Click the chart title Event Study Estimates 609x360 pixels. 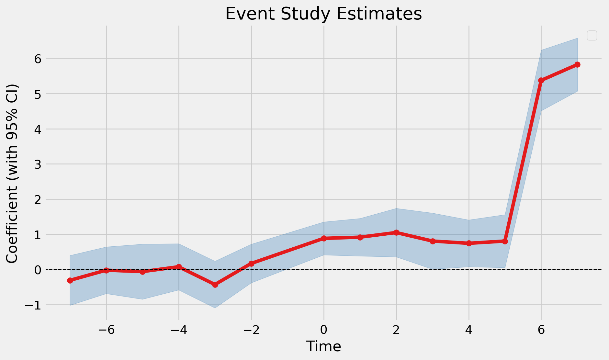click(x=323, y=14)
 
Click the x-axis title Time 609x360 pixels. click(x=323, y=346)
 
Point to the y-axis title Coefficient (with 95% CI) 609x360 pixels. click(x=12, y=174)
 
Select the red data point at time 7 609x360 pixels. click(x=577, y=65)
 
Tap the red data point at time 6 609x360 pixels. click(x=541, y=80)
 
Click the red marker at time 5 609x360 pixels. click(x=505, y=241)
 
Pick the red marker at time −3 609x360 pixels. click(x=215, y=285)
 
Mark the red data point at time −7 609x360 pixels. click(x=70, y=280)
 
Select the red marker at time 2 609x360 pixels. click(x=396, y=232)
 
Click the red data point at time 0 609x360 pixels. click(x=324, y=238)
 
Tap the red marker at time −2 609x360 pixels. click(x=251, y=264)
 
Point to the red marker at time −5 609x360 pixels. click(x=142, y=272)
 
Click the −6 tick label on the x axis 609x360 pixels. click(x=106, y=330)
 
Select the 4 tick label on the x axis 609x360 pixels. click(x=469, y=330)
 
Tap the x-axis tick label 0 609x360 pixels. click(x=324, y=330)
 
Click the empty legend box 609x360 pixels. click(x=592, y=35)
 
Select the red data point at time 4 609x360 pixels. click(x=469, y=243)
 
